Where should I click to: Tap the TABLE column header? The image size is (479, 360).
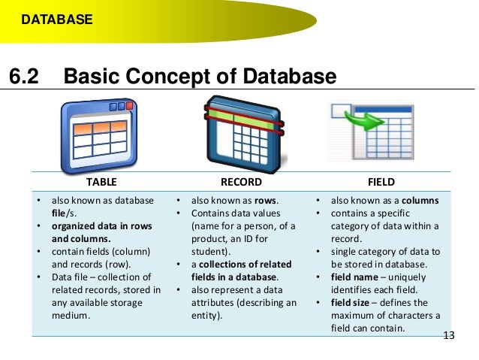tap(101, 182)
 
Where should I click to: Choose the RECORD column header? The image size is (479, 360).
tap(240, 182)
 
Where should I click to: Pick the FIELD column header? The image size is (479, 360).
tap(381, 182)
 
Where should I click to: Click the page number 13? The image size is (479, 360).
tap(449, 335)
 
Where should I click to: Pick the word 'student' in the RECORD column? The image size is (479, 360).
tap(208, 251)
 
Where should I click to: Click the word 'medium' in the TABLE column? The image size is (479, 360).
tap(69, 315)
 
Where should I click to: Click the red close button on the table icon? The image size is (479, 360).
tap(129, 107)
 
